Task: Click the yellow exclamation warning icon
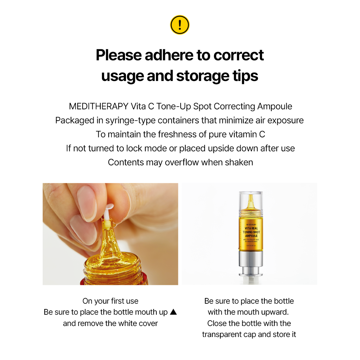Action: coord(180,25)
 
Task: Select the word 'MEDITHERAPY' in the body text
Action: coord(98,106)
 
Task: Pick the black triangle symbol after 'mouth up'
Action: coord(173,312)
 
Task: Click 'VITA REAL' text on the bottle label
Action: coord(249,228)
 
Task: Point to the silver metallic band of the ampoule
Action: coord(249,262)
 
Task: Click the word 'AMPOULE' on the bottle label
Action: coord(249,236)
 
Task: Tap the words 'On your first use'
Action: coord(110,301)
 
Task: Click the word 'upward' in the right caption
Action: coord(275,312)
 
